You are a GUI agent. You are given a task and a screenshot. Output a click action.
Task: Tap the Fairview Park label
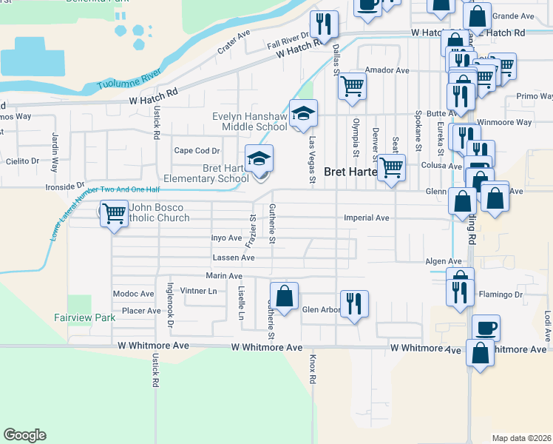pyautogui.click(x=85, y=317)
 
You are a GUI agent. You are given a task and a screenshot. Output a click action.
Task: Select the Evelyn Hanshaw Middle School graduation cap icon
pyautogui.click(x=303, y=113)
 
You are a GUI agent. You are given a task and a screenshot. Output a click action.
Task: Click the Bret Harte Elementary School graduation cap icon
pyautogui.click(x=259, y=158)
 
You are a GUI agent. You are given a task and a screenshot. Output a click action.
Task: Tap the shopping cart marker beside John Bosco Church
pyautogui.click(x=114, y=214)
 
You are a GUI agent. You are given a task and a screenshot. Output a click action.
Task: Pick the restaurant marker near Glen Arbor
pyautogui.click(x=354, y=303)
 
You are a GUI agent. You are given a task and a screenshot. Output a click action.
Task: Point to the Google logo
pyautogui.click(x=24, y=435)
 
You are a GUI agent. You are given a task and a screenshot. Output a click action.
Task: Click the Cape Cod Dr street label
pyautogui.click(x=197, y=150)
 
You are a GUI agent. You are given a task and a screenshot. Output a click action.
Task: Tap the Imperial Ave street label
pyautogui.click(x=367, y=218)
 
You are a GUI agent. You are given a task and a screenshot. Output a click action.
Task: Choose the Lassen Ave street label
pyautogui.click(x=234, y=258)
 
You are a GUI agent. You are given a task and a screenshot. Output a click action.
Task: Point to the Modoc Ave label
pyautogui.click(x=133, y=294)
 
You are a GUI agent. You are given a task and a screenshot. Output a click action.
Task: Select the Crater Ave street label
pyautogui.click(x=234, y=42)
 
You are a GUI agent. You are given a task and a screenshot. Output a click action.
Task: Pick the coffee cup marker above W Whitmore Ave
pyautogui.click(x=486, y=326)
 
